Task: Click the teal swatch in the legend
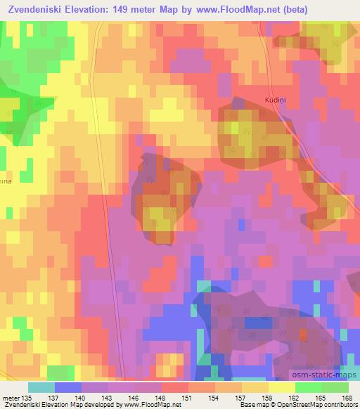click(x=40, y=387)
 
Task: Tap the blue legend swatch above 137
click(x=67, y=387)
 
